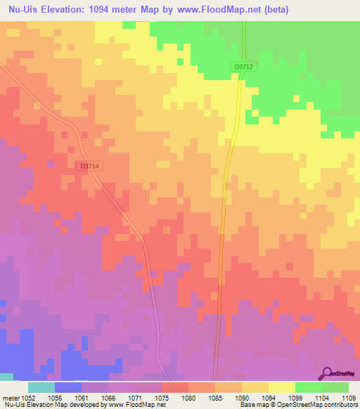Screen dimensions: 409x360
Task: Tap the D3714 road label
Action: (90, 166)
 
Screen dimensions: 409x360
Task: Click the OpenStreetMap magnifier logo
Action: (327, 373)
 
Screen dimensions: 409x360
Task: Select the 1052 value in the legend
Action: (27, 397)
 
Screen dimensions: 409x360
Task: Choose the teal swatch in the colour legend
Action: (41, 387)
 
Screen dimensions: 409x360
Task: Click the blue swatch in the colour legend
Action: (67, 387)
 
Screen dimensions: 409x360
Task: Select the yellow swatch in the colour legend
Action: (281, 387)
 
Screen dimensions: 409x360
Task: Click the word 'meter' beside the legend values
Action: (9, 397)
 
